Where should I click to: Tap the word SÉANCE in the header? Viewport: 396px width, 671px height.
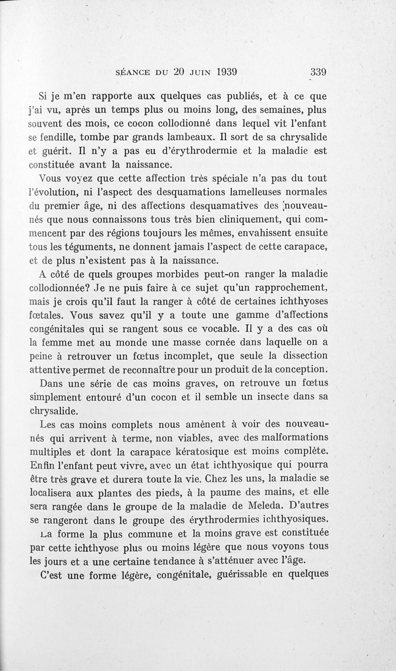pyautogui.click(x=134, y=71)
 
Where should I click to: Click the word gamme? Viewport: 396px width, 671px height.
pyautogui.click(x=230, y=315)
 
